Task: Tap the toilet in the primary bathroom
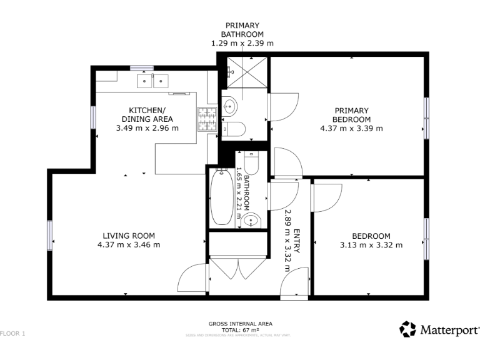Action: point(234,129)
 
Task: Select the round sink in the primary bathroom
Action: point(229,106)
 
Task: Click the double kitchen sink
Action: point(153,80)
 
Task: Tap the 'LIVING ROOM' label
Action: point(129,236)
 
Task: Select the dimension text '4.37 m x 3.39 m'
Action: point(351,128)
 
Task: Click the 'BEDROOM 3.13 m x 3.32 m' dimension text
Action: point(371,244)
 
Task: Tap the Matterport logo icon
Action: point(407,329)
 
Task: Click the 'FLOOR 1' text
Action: point(12,334)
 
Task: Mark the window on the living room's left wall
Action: point(50,236)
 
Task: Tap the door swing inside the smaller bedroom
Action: point(323,195)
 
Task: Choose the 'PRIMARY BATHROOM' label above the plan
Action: point(242,30)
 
